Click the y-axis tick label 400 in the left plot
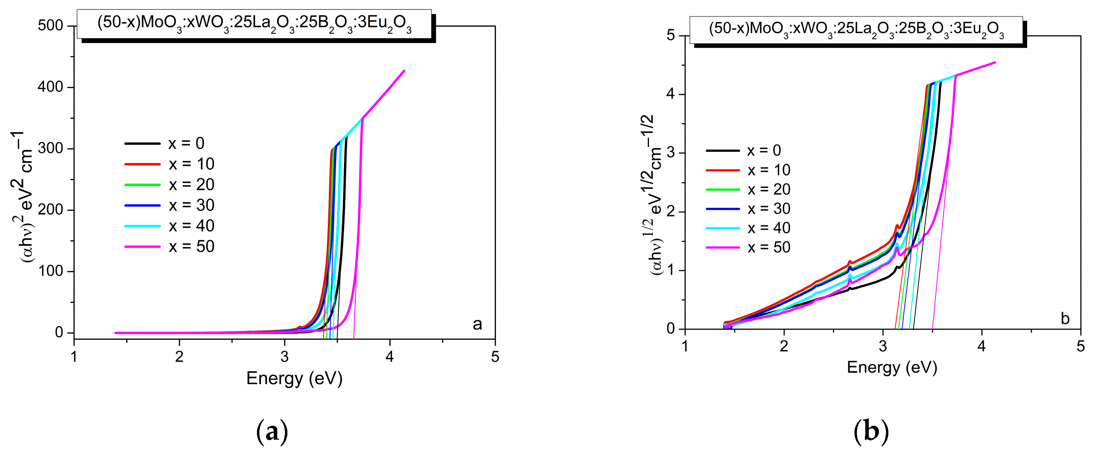pyautogui.click(x=50, y=87)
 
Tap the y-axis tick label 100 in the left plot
pyautogui.click(x=50, y=271)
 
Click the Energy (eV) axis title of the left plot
pyautogui.click(x=294, y=378)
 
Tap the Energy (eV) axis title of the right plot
pyautogui.click(x=892, y=367)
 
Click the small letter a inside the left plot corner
pyautogui.click(x=477, y=324)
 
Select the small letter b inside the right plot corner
pyautogui.click(x=1065, y=318)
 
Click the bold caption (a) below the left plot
pyautogui.click(x=272, y=432)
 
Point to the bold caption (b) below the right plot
pyautogui.click(x=871, y=432)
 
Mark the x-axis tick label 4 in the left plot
pyautogui.click(x=390, y=357)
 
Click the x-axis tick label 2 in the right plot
pyautogui.click(x=784, y=346)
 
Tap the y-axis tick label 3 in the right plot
pyautogui.click(x=671, y=153)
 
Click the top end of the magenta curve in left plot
pyautogui.click(x=404, y=71)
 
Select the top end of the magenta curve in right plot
pyautogui.click(x=995, y=63)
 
